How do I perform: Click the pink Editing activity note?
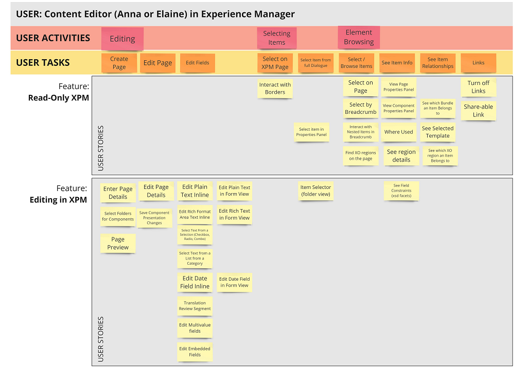tap(122, 39)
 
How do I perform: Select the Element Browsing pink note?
tap(359, 37)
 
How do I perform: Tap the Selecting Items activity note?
tap(276, 38)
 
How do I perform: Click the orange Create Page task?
tap(119, 62)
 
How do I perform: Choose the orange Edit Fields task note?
tap(197, 62)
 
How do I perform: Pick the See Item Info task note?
tap(397, 62)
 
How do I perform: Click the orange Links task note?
tap(478, 62)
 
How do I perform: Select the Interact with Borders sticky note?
tap(275, 89)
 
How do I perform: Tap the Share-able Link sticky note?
tap(478, 111)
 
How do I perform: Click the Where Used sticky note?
tap(399, 132)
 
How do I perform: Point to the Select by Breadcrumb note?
tap(361, 108)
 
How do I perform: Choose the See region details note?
tap(401, 156)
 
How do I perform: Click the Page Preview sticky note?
tap(118, 243)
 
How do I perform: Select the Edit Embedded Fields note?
tap(195, 352)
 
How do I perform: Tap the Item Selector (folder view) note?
tap(315, 191)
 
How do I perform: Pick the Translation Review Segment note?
tap(195, 306)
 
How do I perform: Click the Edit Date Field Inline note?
tap(195, 282)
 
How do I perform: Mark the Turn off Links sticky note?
tap(478, 87)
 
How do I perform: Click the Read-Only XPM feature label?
tap(59, 97)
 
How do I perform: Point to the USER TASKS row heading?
tap(43, 62)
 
